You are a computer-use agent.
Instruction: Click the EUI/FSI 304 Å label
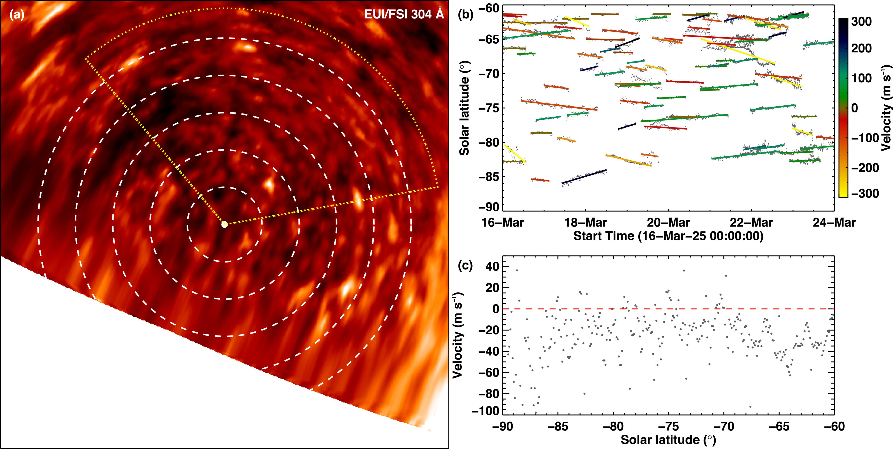tap(404, 14)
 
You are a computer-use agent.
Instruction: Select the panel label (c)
tap(465, 266)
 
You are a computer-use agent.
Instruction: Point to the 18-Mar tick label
tap(585, 222)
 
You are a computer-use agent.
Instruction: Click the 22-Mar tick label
tap(752, 222)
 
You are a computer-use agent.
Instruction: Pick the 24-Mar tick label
tap(834, 222)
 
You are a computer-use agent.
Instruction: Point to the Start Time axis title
tap(668, 236)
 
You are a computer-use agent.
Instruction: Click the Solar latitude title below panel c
tap(668, 440)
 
